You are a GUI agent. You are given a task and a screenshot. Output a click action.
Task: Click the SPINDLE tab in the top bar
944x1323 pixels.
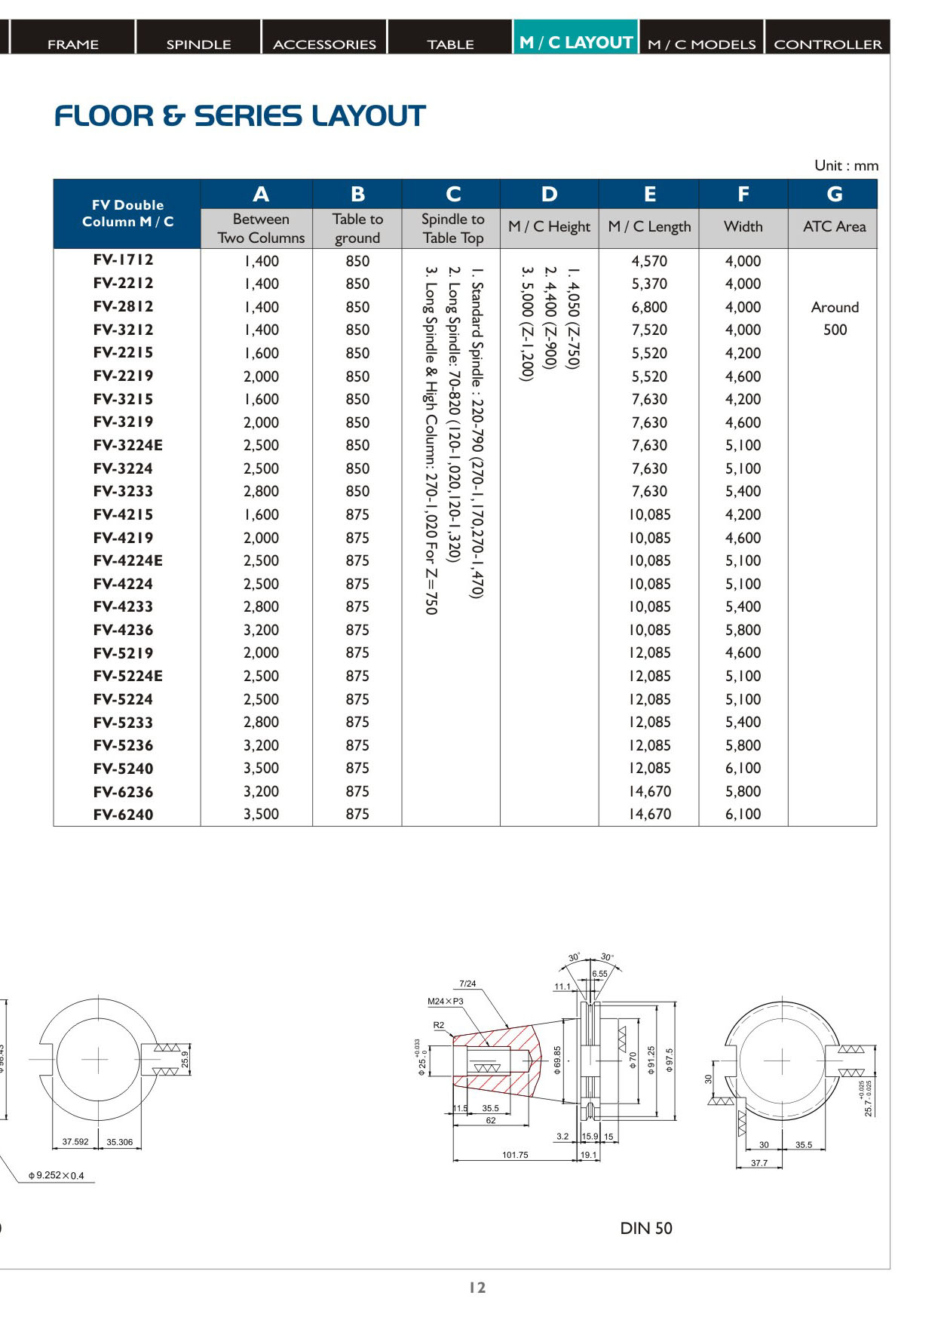point(198,44)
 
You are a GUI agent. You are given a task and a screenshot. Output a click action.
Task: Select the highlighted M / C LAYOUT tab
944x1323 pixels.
point(576,42)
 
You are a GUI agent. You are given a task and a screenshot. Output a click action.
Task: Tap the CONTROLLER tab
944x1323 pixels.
point(827,44)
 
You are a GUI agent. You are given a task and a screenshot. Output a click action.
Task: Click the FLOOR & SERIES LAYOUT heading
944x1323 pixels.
point(240,116)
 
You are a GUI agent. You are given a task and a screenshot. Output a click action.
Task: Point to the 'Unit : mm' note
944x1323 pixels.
point(846,166)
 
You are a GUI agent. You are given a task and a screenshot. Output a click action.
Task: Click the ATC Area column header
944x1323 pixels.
point(834,226)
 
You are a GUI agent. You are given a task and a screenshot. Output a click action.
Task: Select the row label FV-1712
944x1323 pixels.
point(124,260)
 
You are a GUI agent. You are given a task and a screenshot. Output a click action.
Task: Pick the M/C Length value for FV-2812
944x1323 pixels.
point(649,307)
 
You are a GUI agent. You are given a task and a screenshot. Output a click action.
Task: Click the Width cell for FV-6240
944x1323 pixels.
point(743,814)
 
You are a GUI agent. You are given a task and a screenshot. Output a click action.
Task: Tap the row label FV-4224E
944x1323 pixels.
point(127,560)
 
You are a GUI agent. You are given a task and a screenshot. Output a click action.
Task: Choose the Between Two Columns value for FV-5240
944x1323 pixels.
point(261,768)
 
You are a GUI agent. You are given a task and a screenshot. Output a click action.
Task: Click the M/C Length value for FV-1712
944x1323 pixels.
point(649,261)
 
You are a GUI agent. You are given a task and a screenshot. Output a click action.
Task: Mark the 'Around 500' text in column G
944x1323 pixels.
point(835,318)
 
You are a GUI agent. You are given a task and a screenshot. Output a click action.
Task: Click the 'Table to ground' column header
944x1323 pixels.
point(357,228)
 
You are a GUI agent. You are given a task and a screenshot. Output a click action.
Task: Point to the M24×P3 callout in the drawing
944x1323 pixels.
point(445,1001)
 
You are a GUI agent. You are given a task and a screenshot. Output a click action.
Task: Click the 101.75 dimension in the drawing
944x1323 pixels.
point(515,1155)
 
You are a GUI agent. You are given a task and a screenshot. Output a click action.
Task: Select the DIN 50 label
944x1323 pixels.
point(645,1228)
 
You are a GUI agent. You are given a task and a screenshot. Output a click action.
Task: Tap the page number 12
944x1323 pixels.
point(477,1288)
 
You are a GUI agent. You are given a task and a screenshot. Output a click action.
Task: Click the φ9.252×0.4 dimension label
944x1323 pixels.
point(57,1175)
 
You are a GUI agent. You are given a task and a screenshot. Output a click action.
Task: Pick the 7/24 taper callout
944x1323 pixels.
point(467,984)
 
